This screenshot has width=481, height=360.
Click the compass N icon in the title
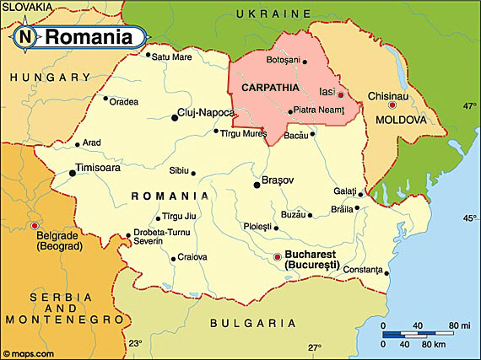[25, 36]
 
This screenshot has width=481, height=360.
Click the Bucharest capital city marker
[278, 257]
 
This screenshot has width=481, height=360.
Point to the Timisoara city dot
[72, 173]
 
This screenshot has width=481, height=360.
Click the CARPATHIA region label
[269, 87]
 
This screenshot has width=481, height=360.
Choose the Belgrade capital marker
[34, 226]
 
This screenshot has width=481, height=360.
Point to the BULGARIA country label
[254, 323]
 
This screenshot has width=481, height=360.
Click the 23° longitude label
[135, 344]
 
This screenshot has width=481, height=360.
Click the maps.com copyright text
[29, 353]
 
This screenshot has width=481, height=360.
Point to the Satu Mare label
[171, 57]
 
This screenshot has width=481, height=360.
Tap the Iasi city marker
[340, 94]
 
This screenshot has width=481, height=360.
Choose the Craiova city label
[192, 257]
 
